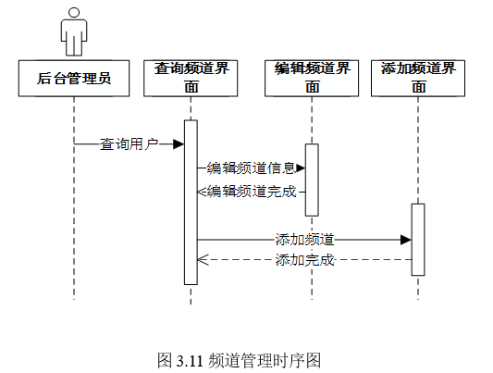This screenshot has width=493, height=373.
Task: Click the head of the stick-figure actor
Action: click(74, 13)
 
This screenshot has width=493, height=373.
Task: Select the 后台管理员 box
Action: click(74, 79)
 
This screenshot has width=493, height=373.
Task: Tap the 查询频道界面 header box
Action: click(191, 79)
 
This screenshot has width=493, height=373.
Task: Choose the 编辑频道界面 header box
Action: click(312, 79)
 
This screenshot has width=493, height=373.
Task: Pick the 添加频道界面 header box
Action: click(418, 79)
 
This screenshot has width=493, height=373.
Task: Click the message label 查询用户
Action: click(129, 144)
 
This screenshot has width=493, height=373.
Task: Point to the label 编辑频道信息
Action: click(251, 168)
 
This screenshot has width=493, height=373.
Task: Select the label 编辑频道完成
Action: click(252, 192)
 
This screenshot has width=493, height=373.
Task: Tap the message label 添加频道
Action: click(304, 240)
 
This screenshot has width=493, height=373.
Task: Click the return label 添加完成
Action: click(304, 260)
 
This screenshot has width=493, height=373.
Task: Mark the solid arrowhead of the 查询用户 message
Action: click(179, 144)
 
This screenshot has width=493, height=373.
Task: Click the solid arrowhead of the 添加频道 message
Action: click(406, 240)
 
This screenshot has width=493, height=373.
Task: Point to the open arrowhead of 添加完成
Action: click(203, 260)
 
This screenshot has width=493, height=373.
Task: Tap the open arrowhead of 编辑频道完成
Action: click(202, 192)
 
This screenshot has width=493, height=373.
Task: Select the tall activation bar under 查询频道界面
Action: click(191, 202)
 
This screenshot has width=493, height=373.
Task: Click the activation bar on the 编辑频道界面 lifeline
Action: click(312, 180)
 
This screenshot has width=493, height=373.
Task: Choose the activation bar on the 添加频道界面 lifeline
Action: click(418, 240)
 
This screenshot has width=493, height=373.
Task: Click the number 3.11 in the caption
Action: click(190, 360)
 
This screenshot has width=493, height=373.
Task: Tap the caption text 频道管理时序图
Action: click(265, 360)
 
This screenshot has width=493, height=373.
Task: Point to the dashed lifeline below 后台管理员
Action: click(74, 198)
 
